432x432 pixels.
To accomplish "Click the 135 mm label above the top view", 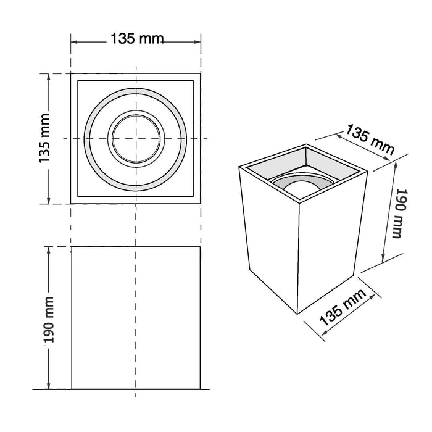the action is click(x=137, y=38).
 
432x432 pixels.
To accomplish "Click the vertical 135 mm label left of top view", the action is click(x=44, y=138).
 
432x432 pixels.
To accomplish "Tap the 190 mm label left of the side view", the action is click(x=49, y=320).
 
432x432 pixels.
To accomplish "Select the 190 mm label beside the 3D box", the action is click(x=400, y=214).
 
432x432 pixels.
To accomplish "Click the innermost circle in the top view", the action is click(x=136, y=139).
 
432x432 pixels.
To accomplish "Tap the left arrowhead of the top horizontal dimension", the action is click(x=75, y=42).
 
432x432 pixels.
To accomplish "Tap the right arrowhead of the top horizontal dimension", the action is click(x=197, y=42).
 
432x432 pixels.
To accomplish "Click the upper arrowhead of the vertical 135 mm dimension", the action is click(x=49, y=77).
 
